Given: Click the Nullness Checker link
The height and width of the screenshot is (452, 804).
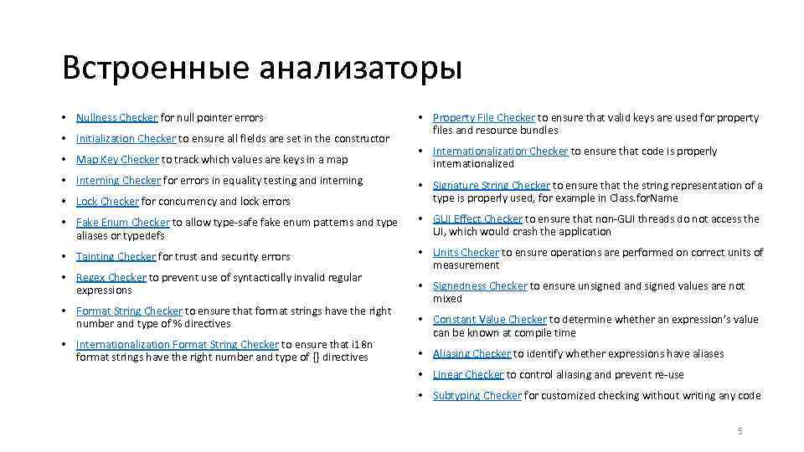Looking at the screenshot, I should pyautogui.click(x=116, y=117).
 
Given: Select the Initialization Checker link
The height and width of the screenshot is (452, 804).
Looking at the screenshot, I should pyautogui.click(x=126, y=138).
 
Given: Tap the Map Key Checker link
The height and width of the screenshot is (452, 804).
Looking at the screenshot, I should pyautogui.click(x=117, y=159).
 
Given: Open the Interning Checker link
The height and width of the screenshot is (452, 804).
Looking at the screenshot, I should pyautogui.click(x=118, y=180).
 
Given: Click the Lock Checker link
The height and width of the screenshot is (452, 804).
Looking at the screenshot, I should pyautogui.click(x=107, y=201).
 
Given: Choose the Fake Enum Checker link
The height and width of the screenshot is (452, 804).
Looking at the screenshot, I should pyautogui.click(x=122, y=222).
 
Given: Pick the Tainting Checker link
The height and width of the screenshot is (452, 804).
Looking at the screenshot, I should pyautogui.click(x=116, y=256).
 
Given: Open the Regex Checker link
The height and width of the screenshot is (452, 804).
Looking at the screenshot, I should pyautogui.click(x=111, y=277).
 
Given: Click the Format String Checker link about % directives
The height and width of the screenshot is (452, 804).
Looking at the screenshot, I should pyautogui.click(x=129, y=311).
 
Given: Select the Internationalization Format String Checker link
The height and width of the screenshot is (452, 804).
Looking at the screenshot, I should pyautogui.click(x=178, y=344).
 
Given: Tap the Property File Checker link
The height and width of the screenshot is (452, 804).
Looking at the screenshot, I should pyautogui.click(x=483, y=117).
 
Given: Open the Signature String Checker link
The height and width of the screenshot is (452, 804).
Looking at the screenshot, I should pyautogui.click(x=491, y=185).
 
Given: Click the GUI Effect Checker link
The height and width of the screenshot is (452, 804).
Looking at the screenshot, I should pyautogui.click(x=477, y=218).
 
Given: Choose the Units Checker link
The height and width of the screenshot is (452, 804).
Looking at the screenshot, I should pyautogui.click(x=466, y=252).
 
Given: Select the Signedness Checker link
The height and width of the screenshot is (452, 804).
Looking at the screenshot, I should pyautogui.click(x=480, y=285).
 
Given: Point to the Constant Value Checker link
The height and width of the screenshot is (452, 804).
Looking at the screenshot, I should pyautogui.click(x=489, y=319).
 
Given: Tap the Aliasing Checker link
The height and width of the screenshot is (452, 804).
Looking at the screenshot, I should pyautogui.click(x=472, y=353).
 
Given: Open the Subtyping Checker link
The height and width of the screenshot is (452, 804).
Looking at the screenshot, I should pyautogui.click(x=477, y=395).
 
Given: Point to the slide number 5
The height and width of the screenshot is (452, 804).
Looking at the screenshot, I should pyautogui.click(x=740, y=431).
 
